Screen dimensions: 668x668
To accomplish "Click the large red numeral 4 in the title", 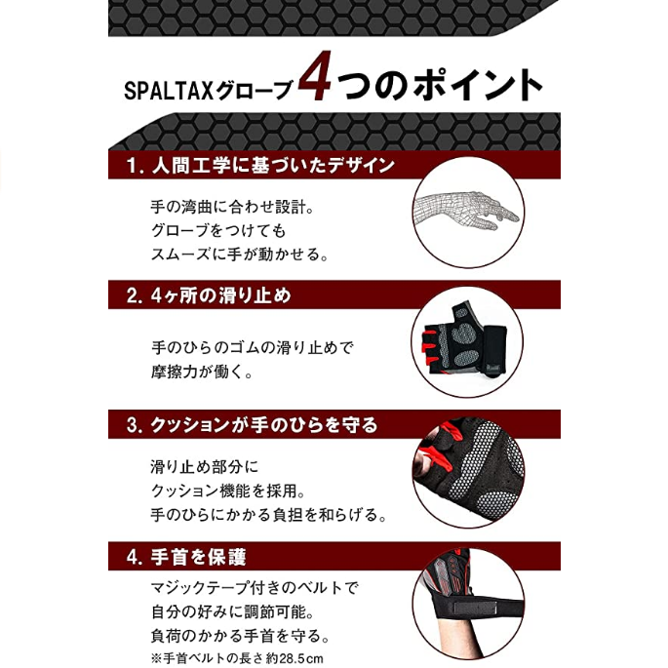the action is coord(315,76).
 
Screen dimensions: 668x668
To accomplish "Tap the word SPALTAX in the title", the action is coord(169,91).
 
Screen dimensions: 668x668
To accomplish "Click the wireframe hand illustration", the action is coord(466,211).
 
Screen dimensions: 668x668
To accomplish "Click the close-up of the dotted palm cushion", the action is coord(469,472).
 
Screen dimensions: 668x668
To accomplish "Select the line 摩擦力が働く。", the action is coord(203,372).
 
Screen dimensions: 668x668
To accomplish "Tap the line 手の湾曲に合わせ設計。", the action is coord(233,207).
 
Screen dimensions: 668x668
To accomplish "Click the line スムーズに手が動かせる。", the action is coord(240,255).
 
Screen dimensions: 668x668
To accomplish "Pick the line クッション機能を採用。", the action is coord(228,491).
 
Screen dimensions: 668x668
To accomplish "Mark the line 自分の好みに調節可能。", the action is coord(233,612).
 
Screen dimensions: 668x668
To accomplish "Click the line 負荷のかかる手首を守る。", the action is coord(240,636).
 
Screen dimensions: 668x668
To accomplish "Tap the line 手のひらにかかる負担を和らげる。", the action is coord(269,515).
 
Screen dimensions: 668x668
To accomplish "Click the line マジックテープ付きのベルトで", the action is coord(255,588).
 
